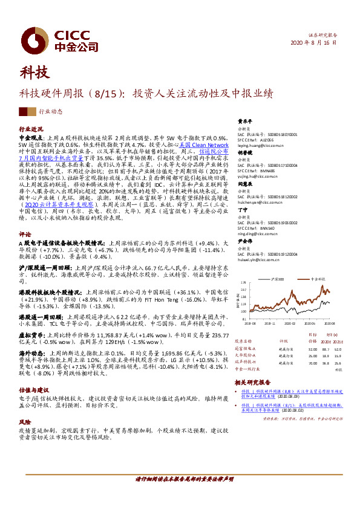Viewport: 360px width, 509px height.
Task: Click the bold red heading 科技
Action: (x=34, y=73)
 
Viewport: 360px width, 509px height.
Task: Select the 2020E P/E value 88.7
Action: (x=326, y=349)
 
